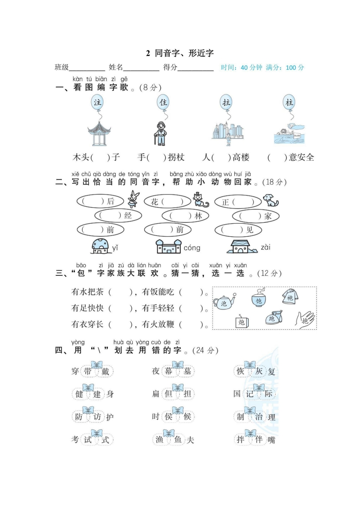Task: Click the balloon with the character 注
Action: tap(97, 102)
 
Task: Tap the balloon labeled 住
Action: tap(163, 102)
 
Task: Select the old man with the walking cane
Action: tap(159, 133)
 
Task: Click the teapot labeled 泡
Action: tap(223, 303)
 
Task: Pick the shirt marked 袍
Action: tap(289, 296)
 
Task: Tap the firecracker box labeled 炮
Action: tap(242, 322)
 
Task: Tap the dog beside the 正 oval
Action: tap(271, 201)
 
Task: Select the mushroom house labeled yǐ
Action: tap(101, 246)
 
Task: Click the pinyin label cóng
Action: tap(192, 248)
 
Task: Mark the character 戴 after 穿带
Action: tap(105, 372)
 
